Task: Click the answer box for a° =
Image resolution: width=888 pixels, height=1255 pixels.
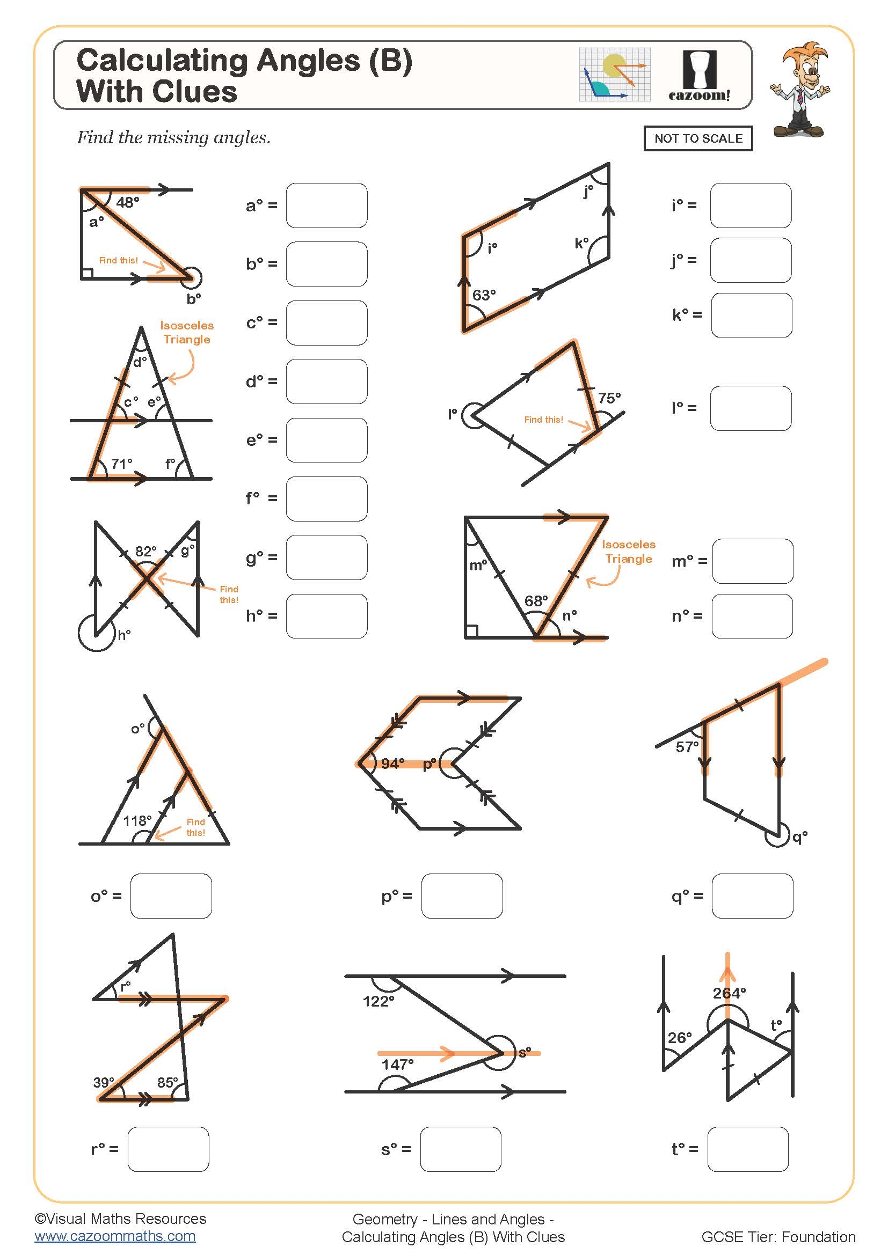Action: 326,206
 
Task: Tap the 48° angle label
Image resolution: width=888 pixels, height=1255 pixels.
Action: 128,203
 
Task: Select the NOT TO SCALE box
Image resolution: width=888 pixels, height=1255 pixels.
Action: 698,138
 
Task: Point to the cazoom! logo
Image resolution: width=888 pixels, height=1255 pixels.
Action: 700,77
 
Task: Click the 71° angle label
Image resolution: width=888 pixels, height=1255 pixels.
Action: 121,464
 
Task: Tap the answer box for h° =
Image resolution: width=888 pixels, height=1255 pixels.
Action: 326,616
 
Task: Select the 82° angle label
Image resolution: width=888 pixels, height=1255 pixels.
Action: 145,551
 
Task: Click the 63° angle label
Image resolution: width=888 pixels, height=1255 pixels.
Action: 484,295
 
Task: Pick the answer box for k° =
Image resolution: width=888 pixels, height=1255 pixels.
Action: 751,315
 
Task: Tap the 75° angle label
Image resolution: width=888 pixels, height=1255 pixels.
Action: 609,398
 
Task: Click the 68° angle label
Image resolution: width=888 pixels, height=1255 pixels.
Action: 536,601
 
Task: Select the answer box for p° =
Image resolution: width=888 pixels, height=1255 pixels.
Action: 462,896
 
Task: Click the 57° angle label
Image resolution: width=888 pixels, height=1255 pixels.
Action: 687,747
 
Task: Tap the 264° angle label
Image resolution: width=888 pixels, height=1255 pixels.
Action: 729,993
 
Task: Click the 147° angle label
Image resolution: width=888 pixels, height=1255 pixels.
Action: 397,1064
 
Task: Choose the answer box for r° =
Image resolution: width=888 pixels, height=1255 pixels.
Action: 169,1149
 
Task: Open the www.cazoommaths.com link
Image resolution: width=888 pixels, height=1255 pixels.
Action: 115,1236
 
